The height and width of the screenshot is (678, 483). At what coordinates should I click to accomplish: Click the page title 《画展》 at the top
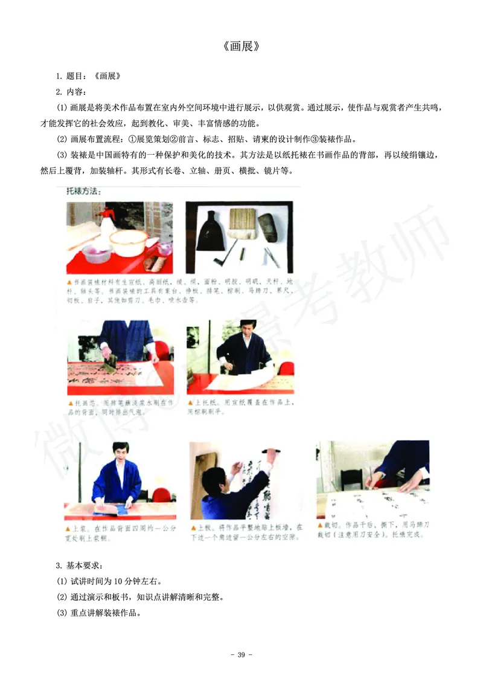(241, 46)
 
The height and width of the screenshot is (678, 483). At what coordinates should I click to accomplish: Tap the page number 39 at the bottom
(241, 655)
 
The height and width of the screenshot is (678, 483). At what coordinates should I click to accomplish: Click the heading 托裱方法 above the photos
(83, 192)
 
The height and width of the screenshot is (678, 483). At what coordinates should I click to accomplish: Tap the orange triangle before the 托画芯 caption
(71, 402)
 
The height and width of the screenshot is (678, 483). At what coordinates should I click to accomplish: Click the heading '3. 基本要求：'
(79, 566)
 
